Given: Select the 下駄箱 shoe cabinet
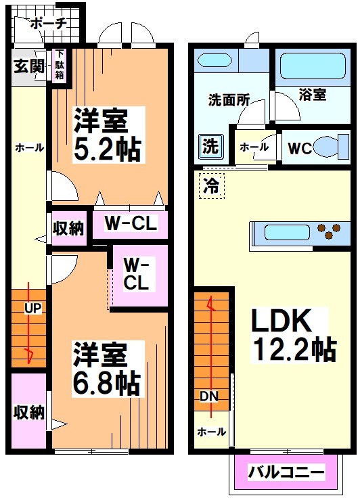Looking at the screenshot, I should pyautogui.click(x=60, y=64).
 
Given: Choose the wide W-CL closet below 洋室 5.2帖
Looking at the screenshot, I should pyautogui.click(x=131, y=223).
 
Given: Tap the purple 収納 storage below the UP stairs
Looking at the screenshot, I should pyautogui.click(x=28, y=411).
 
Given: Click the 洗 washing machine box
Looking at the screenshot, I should pyautogui.click(x=209, y=145).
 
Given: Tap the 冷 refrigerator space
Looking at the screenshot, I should pyautogui.click(x=211, y=185).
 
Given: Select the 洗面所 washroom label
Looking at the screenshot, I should pyautogui.click(x=228, y=99).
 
